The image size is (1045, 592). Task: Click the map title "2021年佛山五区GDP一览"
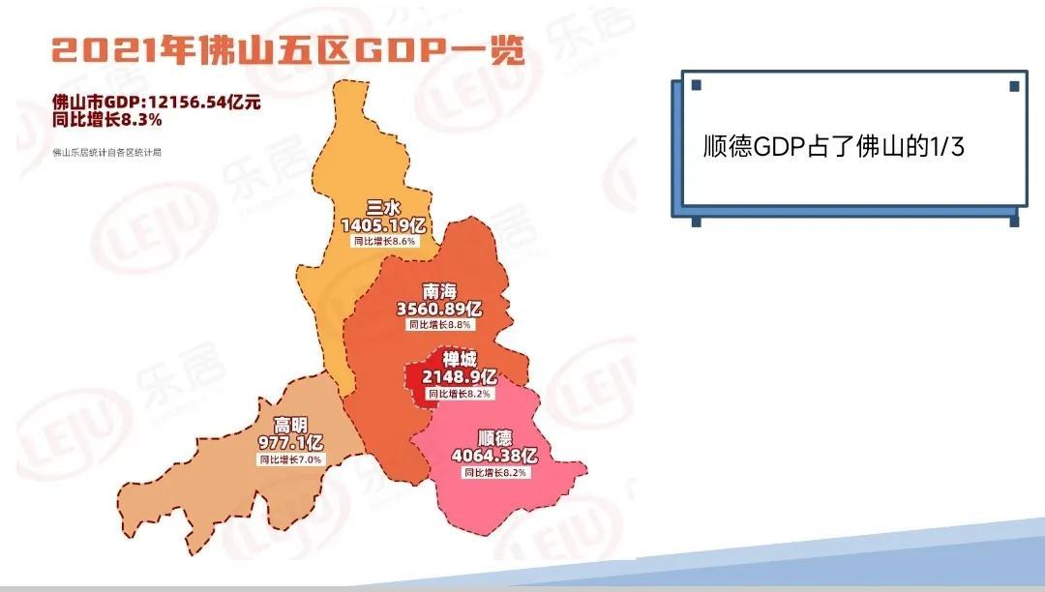pyautogui.click(x=288, y=51)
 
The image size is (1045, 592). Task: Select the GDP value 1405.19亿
pyautogui.click(x=383, y=225)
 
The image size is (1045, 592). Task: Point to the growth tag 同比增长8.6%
pyautogui.click(x=384, y=241)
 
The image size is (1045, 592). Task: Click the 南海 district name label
pyautogui.click(x=439, y=292)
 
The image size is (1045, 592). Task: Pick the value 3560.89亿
pyautogui.click(x=439, y=309)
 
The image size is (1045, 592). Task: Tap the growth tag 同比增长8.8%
pyautogui.click(x=440, y=325)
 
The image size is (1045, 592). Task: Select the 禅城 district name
pyautogui.click(x=460, y=360)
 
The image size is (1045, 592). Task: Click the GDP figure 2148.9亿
pyautogui.click(x=460, y=377)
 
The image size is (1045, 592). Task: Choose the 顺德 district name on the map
pyautogui.click(x=495, y=438)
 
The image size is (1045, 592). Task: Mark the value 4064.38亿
pyautogui.click(x=494, y=457)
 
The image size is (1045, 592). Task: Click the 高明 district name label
pyautogui.click(x=290, y=425)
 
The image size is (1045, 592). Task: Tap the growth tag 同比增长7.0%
pyautogui.click(x=290, y=459)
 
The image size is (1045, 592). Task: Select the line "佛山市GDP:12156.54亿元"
pyautogui.click(x=157, y=103)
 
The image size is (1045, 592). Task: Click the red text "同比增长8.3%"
pyautogui.click(x=107, y=120)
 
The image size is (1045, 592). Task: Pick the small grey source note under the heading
pyautogui.click(x=106, y=153)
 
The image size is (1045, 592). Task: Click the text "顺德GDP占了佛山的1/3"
pyautogui.click(x=834, y=146)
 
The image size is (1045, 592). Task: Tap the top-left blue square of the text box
pyautogui.click(x=697, y=85)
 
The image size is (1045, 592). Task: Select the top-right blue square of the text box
pyautogui.click(x=1014, y=86)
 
